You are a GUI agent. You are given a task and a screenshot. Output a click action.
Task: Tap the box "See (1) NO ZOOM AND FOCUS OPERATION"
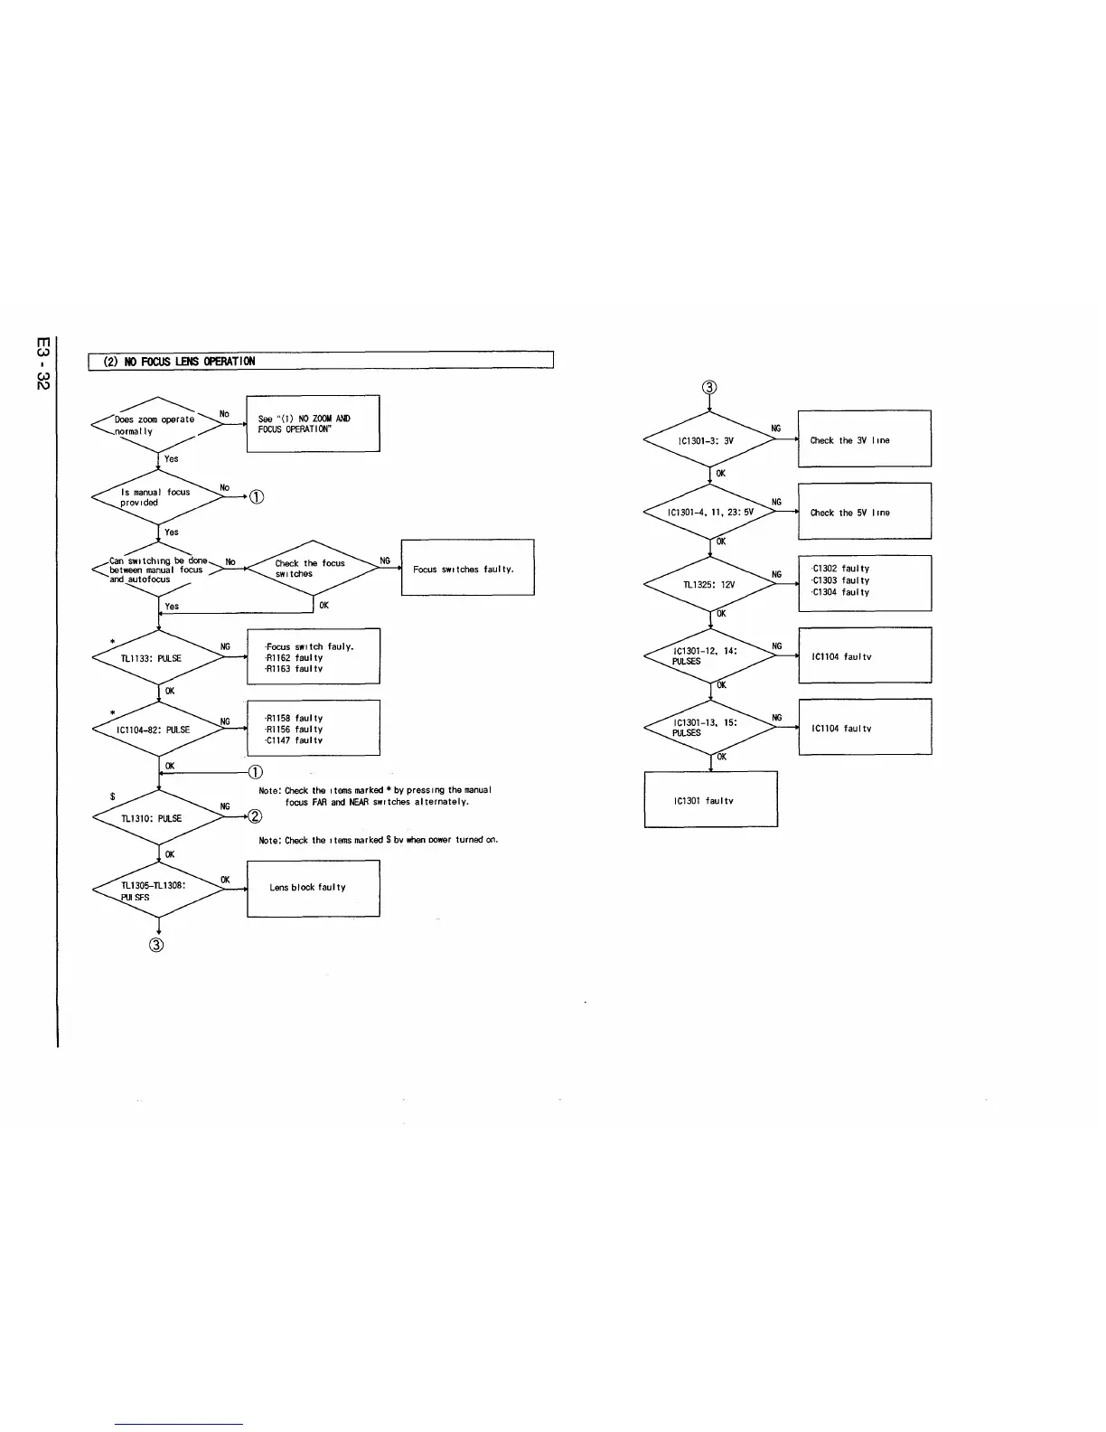313,423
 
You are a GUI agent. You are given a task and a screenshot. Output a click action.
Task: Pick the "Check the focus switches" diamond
312,569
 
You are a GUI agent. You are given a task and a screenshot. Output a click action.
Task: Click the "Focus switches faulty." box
467,568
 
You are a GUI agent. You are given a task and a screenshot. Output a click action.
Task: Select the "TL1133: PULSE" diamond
158,658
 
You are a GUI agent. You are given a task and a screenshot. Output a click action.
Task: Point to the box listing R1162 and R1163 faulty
313,657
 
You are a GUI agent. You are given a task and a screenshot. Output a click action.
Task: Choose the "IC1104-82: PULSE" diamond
158,730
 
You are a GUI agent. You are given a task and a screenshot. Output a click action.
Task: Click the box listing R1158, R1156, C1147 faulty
313,729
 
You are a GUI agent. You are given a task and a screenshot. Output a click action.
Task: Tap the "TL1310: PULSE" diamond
158,818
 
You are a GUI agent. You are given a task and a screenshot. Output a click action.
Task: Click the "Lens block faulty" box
313,888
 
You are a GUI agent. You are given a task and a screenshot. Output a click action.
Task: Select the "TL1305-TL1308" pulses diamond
158,891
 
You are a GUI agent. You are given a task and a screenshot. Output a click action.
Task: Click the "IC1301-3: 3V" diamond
710,441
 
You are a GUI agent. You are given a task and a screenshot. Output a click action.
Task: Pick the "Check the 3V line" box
864,439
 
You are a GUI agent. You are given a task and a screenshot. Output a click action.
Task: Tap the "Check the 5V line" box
864,512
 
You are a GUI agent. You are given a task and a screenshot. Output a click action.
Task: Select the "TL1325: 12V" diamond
710,584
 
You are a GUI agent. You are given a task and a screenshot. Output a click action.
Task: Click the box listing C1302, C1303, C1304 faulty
864,582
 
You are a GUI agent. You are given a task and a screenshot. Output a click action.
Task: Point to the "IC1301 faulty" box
710,799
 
